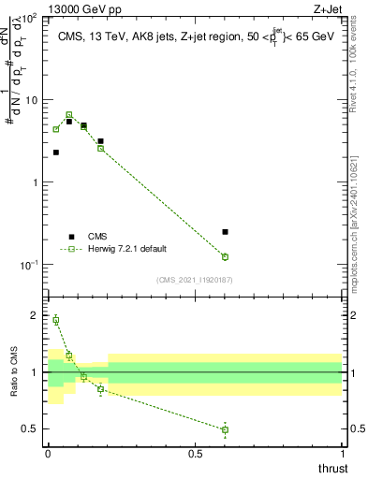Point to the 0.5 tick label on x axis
[x=195, y=454]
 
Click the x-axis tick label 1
[x=342, y=454]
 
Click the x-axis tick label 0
[x=48, y=454]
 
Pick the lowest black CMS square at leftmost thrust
[x=56, y=152]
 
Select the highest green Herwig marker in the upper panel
[x=69, y=114]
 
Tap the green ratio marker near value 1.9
[x=56, y=320]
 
